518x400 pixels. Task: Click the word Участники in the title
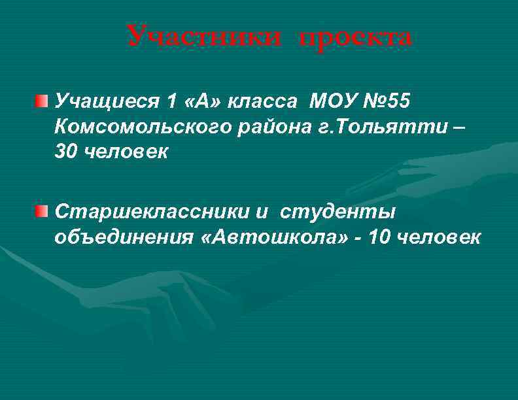coord(204,37)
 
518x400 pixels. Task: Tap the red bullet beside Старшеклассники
coord(43,211)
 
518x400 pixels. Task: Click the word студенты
coord(338,212)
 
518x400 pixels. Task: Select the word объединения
coord(120,237)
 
